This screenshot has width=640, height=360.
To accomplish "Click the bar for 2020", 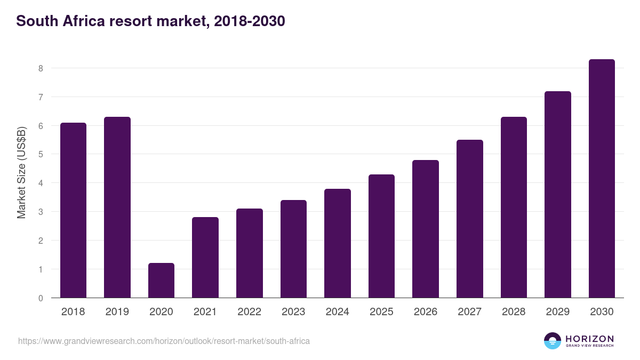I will click(161, 280).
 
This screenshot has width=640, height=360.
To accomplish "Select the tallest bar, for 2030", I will click(602, 179).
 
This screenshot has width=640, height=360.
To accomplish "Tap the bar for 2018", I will click(73, 210).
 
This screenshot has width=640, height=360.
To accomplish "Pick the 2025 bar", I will click(381, 236).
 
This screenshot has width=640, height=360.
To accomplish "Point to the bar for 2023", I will click(293, 249).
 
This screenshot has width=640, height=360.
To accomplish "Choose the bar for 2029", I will click(557, 195).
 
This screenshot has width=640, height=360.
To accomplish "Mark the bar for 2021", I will click(205, 257).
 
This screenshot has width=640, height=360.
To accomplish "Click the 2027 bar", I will click(469, 219).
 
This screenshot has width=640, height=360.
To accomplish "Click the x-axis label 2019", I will click(117, 312).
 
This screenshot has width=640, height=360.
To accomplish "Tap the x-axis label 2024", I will click(337, 312).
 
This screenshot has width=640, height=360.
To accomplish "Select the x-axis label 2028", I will click(514, 312).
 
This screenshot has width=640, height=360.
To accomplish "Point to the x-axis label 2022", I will click(249, 312).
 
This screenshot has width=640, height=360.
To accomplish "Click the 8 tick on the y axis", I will click(40, 68).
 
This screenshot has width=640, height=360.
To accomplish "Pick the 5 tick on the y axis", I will click(40, 155).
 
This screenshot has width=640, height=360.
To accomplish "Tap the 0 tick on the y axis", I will click(40, 298).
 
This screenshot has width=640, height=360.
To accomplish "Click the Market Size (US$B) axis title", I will click(22, 172).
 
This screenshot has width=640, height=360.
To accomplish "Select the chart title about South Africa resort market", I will click(151, 21).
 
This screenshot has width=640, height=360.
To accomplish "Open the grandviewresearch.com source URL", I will click(164, 341).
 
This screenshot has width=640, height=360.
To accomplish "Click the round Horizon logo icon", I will click(553, 341).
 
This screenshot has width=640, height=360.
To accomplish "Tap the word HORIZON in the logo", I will click(589, 338).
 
